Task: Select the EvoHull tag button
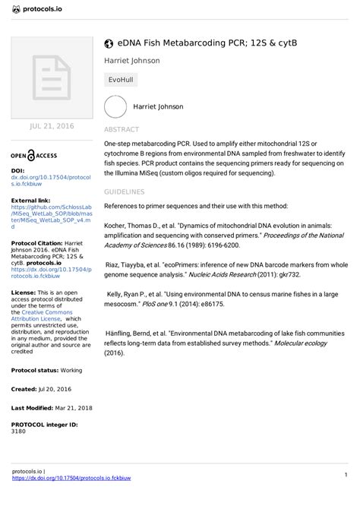pos(122,79)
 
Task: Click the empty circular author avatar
pos(115,107)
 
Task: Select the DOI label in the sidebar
pos(17,171)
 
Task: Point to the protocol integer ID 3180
pos(18,432)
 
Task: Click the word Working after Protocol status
pos(72,369)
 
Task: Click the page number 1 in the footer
pos(345,475)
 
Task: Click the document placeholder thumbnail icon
pos(49,77)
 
